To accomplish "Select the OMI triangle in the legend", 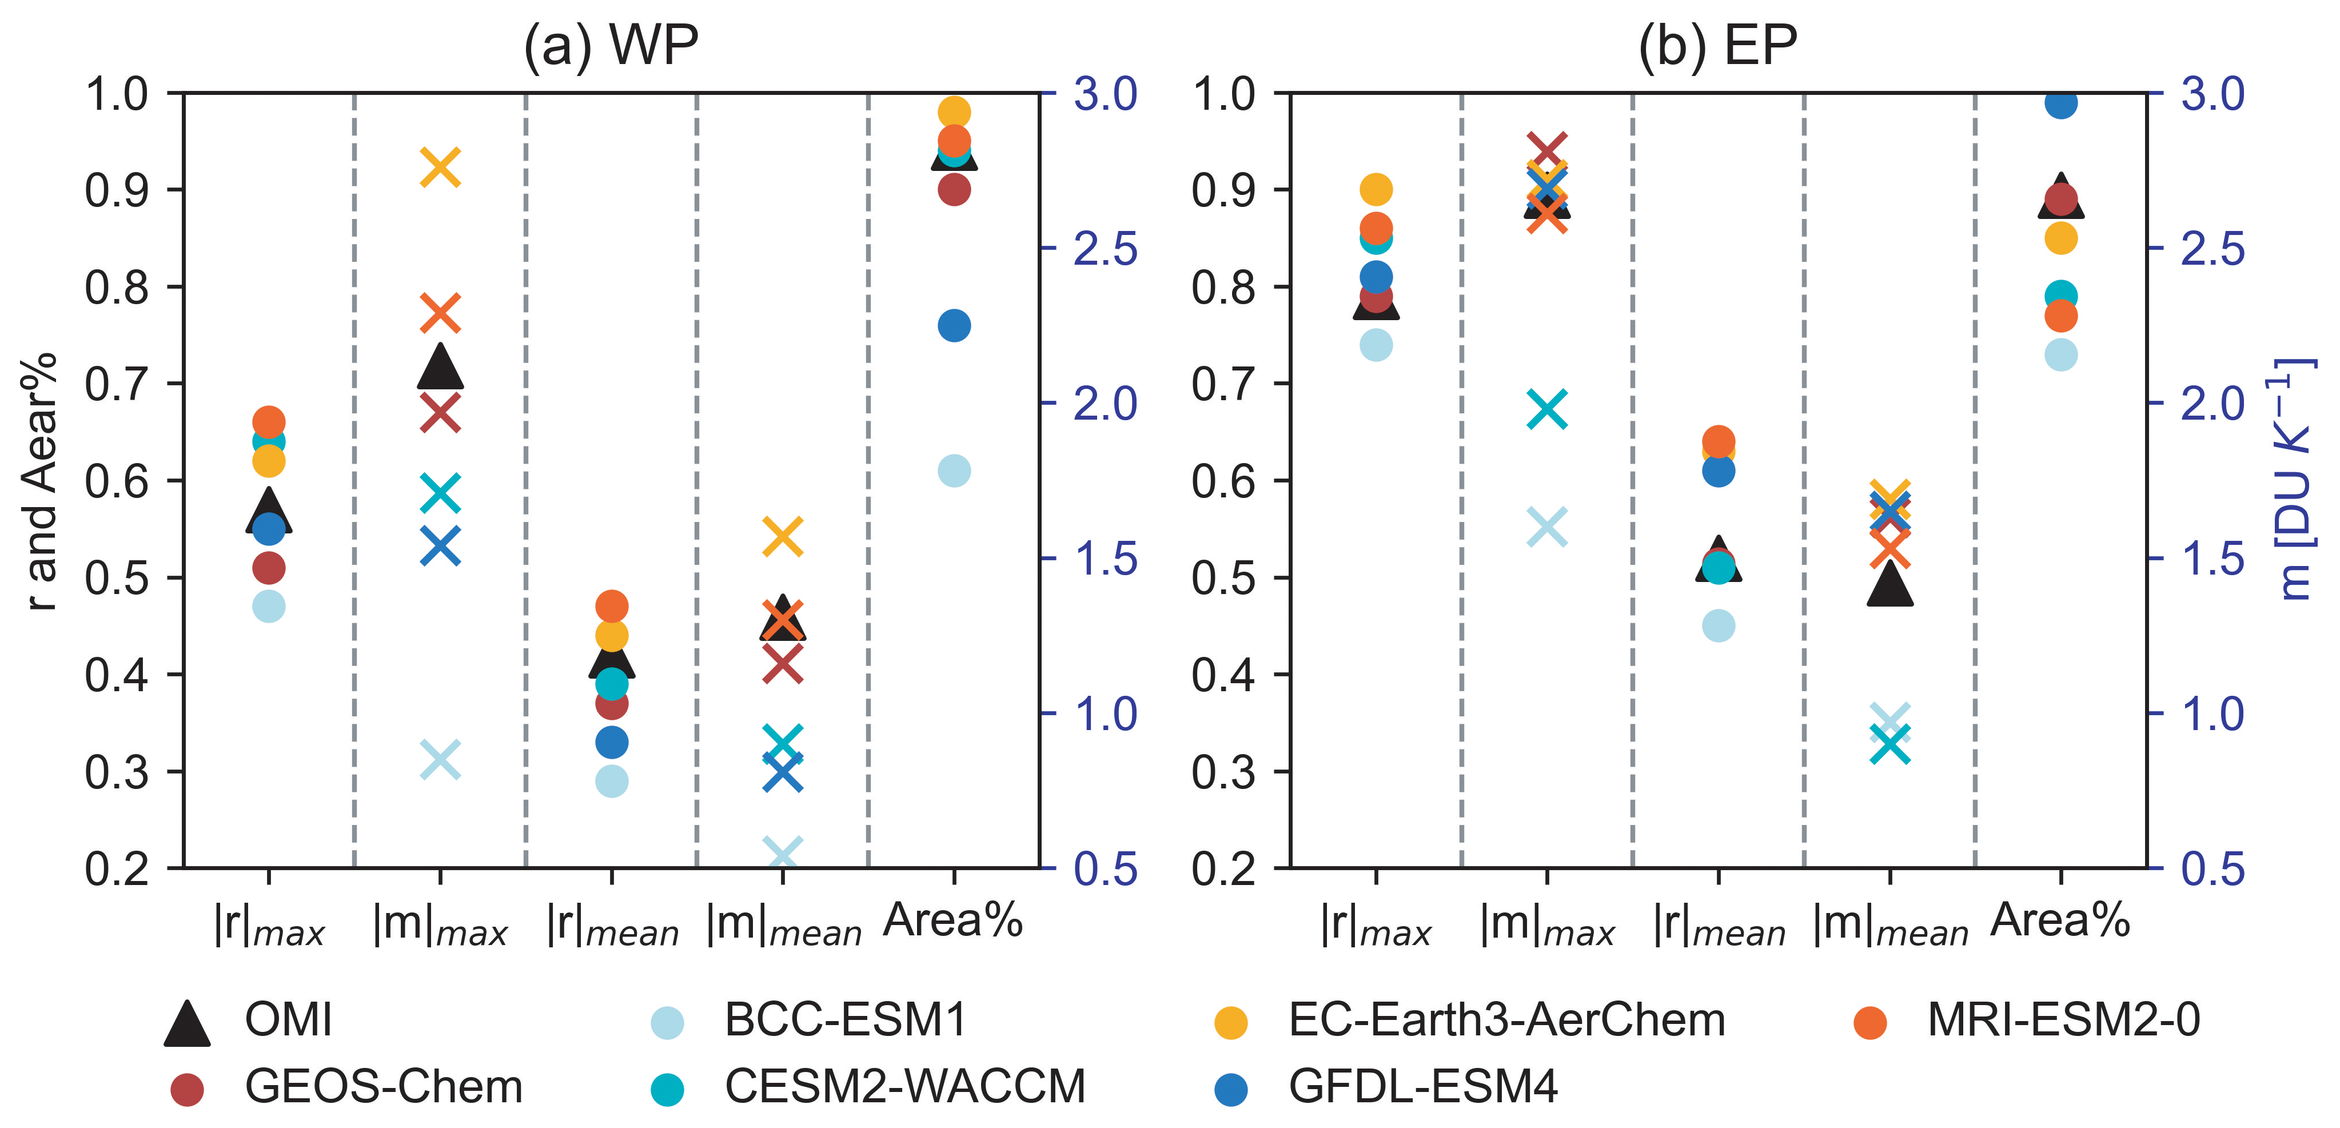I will pos(187,1023).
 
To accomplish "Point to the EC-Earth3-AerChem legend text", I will pos(1506,1020).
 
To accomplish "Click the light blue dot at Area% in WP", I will pos(954,471).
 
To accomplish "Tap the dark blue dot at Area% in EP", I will pos(2061,103).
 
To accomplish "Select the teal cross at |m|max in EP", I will pos(1547,409).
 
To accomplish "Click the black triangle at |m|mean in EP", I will pos(1890,584).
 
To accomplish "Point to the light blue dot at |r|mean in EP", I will pos(1719,625).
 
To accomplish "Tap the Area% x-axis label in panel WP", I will pos(953,921).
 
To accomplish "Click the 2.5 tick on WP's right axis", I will pos(1105,249).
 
